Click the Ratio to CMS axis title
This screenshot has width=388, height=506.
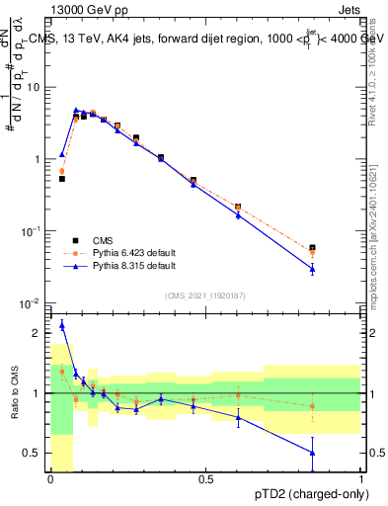(x=13, y=393)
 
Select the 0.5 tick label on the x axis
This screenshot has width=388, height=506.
(x=205, y=479)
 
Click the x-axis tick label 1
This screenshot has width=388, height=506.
(x=360, y=479)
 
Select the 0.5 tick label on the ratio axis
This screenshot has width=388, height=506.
(x=36, y=454)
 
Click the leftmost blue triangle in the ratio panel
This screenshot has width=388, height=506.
(x=62, y=325)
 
